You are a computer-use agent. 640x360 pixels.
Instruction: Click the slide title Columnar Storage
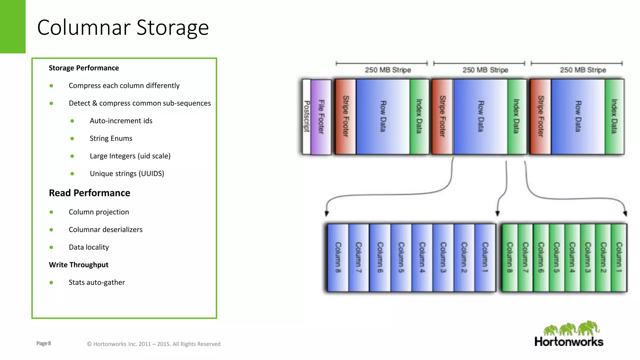[123, 27]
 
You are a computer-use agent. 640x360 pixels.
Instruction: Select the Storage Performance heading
[84, 68]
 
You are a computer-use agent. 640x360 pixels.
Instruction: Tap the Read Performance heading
[89, 193]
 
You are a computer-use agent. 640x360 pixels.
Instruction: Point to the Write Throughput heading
[78, 265]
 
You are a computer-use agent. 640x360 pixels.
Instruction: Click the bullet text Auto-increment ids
[121, 121]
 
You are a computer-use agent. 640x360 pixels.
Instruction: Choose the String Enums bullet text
[111, 138]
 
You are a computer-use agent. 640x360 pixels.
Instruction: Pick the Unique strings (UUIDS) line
[127, 174]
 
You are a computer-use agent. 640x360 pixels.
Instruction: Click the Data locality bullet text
[89, 247]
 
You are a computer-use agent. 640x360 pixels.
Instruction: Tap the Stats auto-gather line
[97, 282]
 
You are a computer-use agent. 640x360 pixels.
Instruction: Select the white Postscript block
[307, 117]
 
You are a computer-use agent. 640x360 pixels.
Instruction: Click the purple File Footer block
[321, 117]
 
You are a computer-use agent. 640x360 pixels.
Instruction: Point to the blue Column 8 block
[338, 257]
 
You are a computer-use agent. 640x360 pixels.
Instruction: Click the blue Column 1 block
[485, 257]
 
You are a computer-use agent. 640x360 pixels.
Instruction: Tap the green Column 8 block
[510, 257]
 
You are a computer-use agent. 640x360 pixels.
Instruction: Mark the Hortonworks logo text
[569, 342]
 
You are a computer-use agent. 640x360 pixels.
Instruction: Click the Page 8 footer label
[43, 343]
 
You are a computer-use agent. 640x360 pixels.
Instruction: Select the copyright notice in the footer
[153, 344]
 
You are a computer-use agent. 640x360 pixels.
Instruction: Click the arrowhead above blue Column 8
[327, 213]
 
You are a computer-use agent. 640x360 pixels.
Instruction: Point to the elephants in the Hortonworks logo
[571, 328]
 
